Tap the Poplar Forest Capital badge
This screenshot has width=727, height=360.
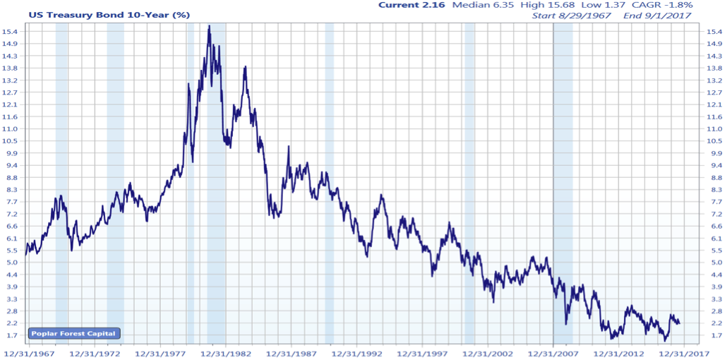(73, 334)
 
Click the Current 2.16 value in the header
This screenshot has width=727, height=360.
(411, 5)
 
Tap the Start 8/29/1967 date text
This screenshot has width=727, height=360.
(572, 15)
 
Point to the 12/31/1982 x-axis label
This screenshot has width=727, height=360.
(224, 353)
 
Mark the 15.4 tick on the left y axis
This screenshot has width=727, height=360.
(11, 32)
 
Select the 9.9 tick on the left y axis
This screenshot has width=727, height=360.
(11, 153)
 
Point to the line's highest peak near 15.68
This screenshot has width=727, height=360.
(209, 26)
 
